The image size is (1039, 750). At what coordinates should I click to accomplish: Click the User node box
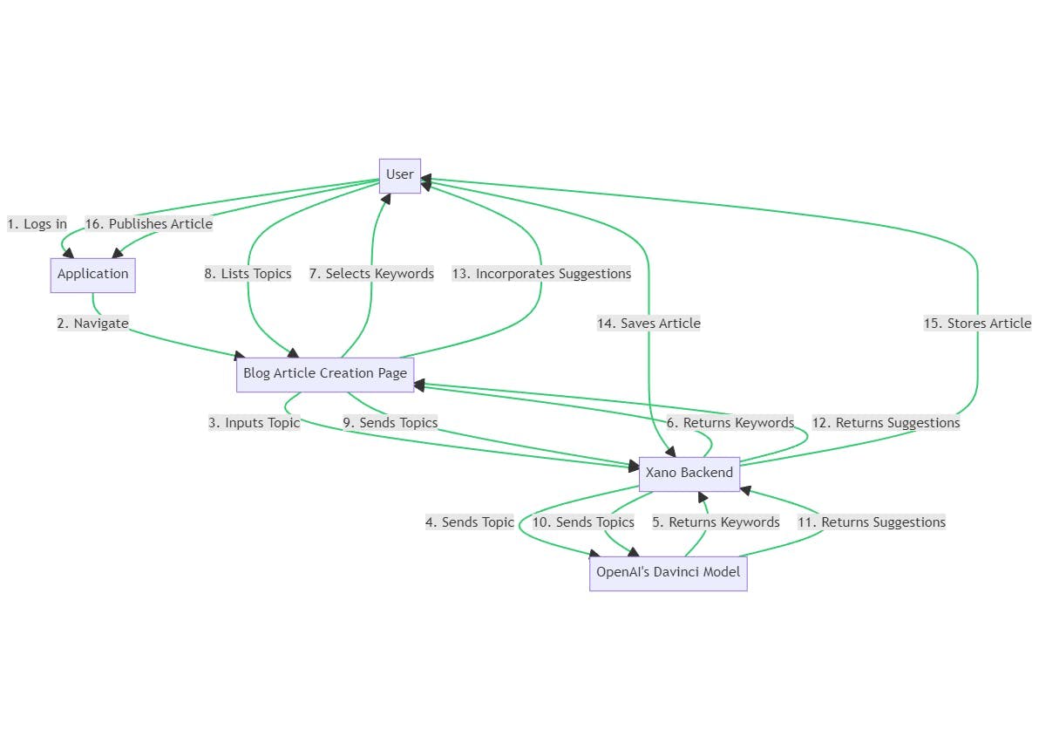click(400, 175)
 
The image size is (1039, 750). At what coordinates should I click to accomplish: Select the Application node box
click(92, 275)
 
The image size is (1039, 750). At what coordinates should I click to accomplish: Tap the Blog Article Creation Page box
click(324, 374)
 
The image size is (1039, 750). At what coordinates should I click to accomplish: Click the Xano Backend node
click(689, 474)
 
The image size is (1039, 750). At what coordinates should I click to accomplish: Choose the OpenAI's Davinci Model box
click(668, 573)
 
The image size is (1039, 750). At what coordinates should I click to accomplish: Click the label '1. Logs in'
click(37, 224)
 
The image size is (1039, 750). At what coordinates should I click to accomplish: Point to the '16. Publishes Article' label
click(148, 224)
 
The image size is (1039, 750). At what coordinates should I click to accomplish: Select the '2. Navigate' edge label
click(92, 324)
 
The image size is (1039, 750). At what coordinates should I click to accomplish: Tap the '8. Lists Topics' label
click(248, 274)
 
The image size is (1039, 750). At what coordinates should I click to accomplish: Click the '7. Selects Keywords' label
click(371, 274)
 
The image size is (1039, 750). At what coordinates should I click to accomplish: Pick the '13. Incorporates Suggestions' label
click(541, 274)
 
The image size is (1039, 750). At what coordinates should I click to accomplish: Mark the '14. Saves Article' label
click(649, 324)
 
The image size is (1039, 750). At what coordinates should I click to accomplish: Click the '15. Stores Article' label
click(977, 324)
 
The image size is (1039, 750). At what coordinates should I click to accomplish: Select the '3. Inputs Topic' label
click(254, 423)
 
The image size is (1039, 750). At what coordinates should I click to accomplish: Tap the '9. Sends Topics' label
click(390, 423)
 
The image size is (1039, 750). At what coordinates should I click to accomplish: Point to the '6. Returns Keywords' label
click(730, 423)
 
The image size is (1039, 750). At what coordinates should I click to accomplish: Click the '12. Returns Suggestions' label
click(886, 423)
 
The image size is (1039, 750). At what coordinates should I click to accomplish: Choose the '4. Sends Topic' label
click(470, 522)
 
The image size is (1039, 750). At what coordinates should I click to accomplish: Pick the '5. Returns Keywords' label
click(716, 522)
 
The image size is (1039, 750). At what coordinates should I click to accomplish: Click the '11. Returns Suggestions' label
click(872, 522)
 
